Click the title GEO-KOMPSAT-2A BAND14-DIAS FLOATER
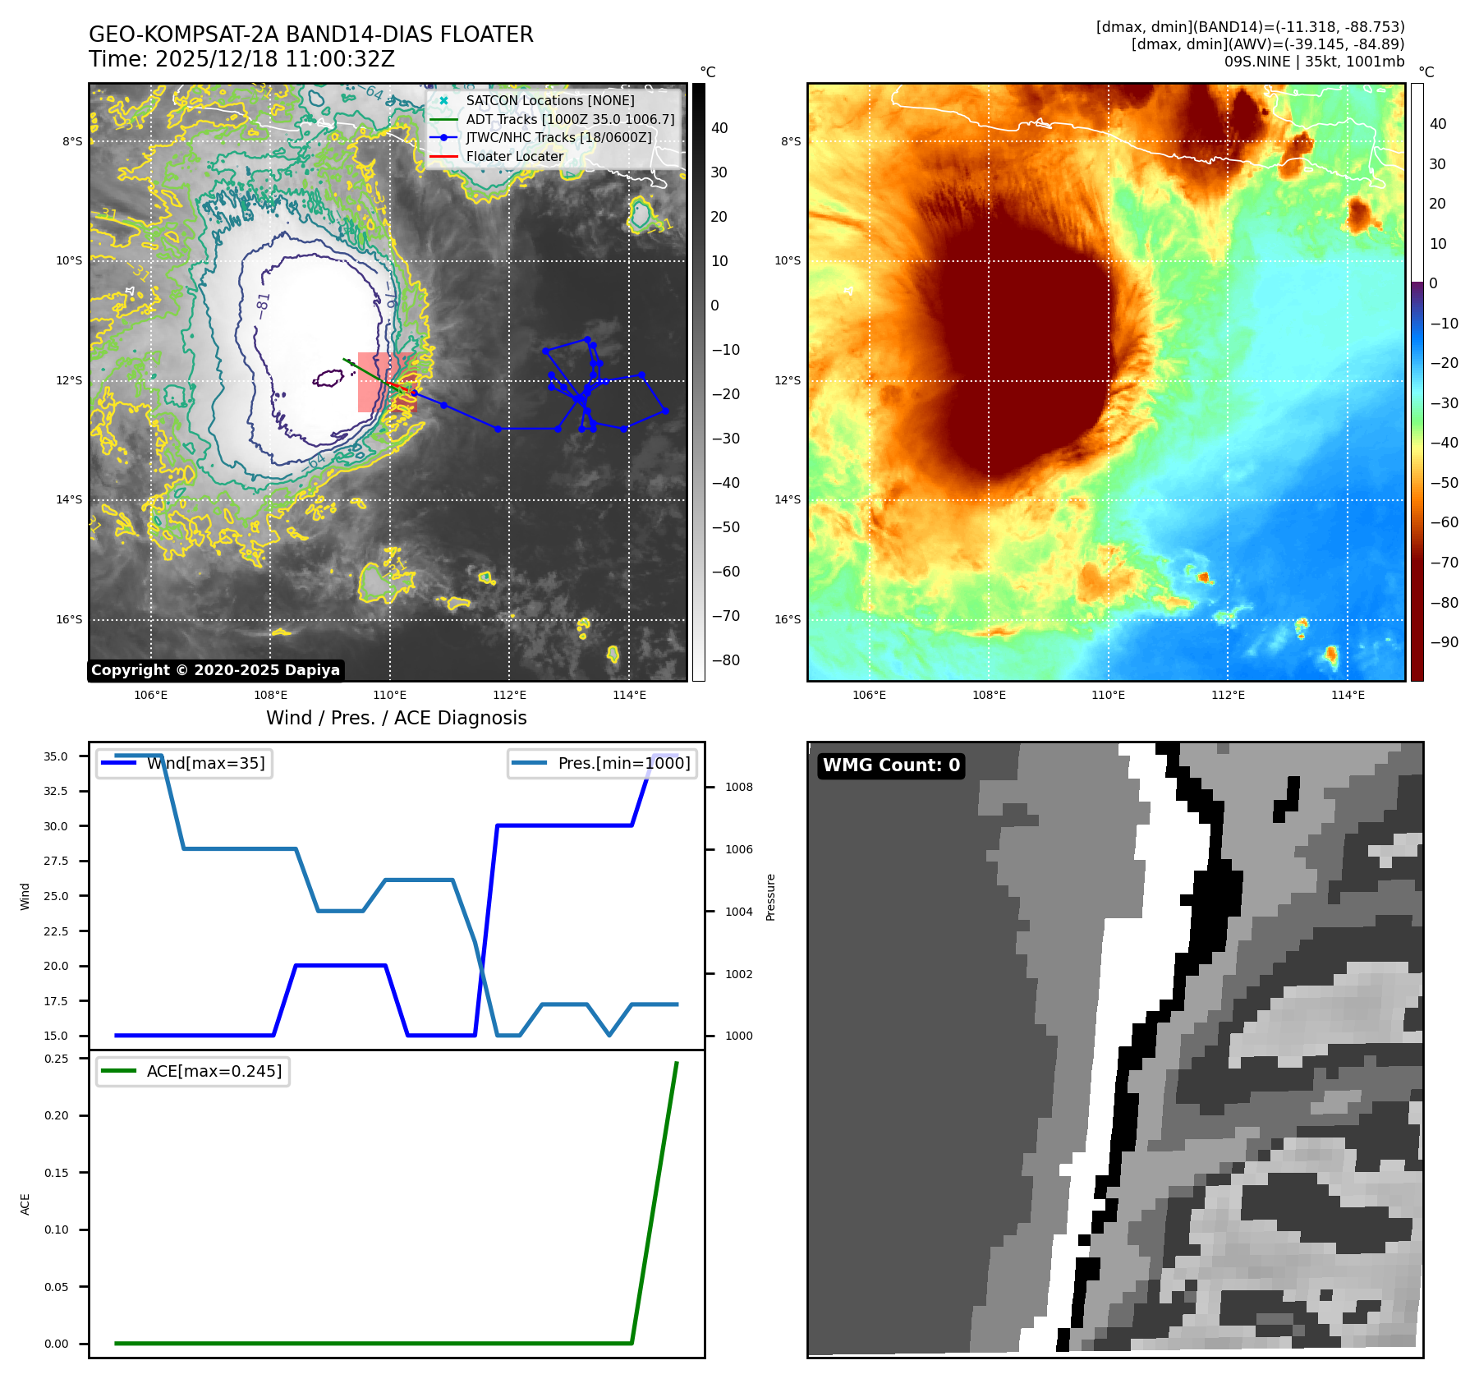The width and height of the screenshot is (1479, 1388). (x=310, y=34)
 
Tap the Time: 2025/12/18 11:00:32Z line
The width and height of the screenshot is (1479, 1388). (x=241, y=60)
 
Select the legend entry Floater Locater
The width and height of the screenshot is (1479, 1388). (x=514, y=157)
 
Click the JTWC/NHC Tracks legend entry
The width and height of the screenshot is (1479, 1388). (x=558, y=138)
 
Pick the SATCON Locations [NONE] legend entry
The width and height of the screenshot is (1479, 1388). (x=549, y=101)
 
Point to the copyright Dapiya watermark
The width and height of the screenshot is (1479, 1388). (x=215, y=670)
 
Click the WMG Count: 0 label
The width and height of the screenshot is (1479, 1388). (x=891, y=765)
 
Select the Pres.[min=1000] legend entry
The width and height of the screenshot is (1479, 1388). (x=623, y=764)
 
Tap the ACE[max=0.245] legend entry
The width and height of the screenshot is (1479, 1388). (x=214, y=1072)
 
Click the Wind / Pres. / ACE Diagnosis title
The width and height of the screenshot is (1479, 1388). (x=396, y=719)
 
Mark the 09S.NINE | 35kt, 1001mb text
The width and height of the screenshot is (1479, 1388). (x=1314, y=62)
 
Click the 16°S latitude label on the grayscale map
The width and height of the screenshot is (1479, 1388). (x=69, y=620)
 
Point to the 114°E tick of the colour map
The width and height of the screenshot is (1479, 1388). (x=1348, y=696)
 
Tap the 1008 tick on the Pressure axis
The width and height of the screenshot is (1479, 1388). (x=738, y=788)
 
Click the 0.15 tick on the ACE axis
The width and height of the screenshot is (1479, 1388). (x=57, y=1173)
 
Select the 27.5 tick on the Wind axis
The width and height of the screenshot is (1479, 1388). (x=56, y=862)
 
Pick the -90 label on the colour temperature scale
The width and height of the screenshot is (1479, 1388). (x=1444, y=642)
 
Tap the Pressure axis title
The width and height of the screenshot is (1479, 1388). (x=770, y=897)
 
